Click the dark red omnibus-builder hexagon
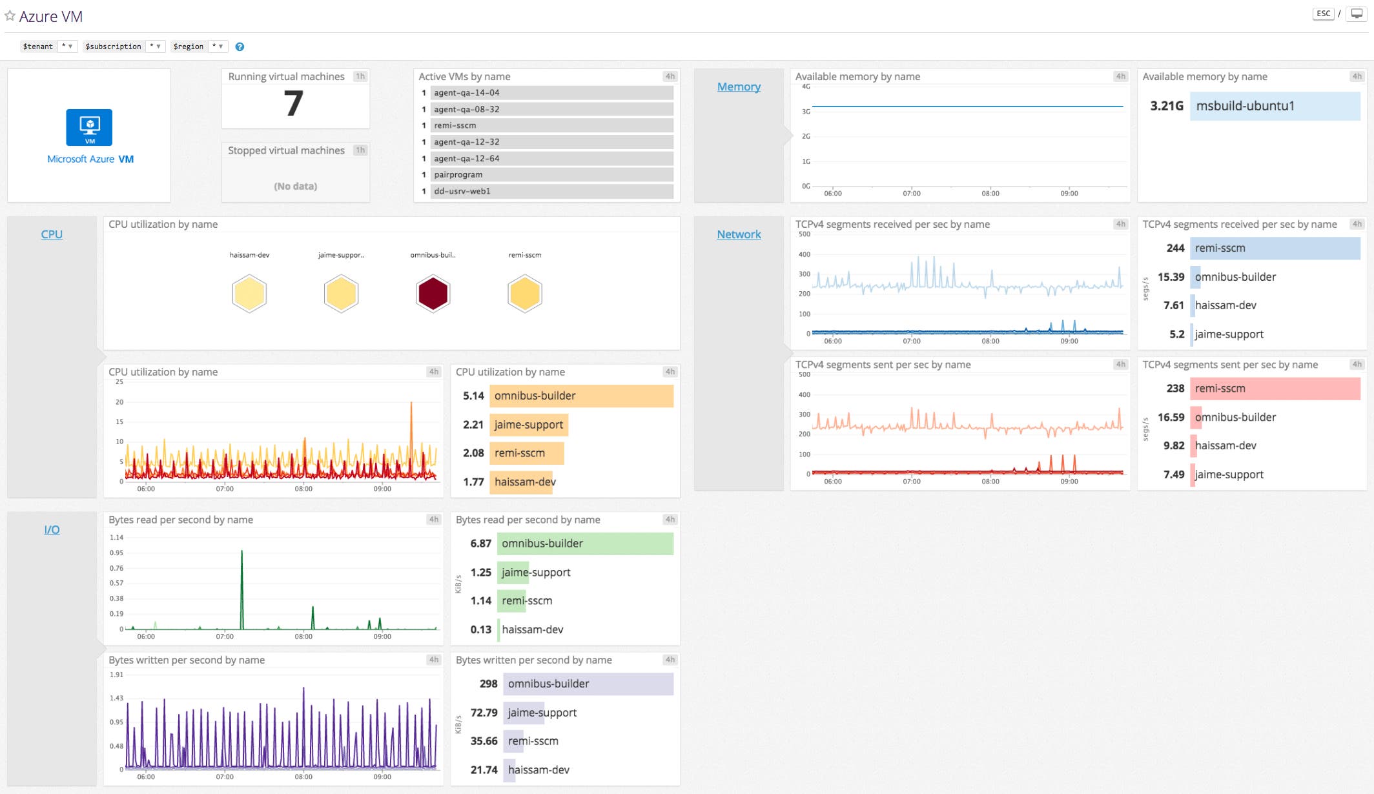433,294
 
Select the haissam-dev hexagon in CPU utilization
249,294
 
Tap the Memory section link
739,87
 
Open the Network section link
739,234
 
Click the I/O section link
52,529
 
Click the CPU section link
52,234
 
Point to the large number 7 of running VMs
294,103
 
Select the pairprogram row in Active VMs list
552,175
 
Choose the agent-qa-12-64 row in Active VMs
552,158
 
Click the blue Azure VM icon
89,127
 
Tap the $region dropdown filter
199,46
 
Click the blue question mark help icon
240,46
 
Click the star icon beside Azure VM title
10,15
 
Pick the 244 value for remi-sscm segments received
1175,248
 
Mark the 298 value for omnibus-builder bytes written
488,684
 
